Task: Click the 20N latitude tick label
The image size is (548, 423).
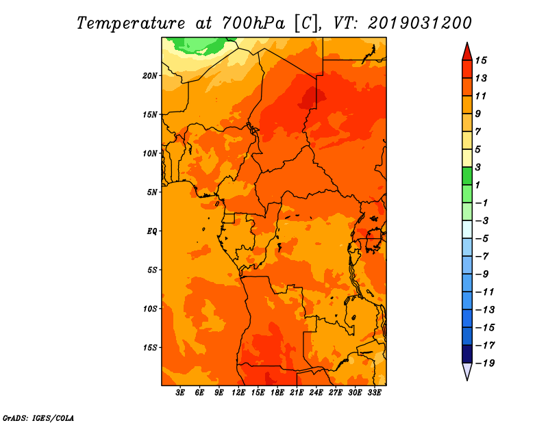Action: pyautogui.click(x=149, y=76)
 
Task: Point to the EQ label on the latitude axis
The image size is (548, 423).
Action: pyautogui.click(x=152, y=231)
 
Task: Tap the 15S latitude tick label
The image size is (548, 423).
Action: pyautogui.click(x=149, y=348)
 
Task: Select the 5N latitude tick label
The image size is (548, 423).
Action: pyautogui.click(x=151, y=192)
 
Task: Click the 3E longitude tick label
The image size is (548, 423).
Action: pyautogui.click(x=180, y=393)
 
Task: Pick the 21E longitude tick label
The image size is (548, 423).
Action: pyautogui.click(x=297, y=393)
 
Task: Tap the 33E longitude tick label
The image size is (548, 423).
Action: pyautogui.click(x=374, y=393)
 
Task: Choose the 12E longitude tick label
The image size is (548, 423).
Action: pyautogui.click(x=238, y=393)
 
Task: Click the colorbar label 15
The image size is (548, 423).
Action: pyautogui.click(x=481, y=61)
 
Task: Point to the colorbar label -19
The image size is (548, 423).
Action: pyautogui.click(x=485, y=363)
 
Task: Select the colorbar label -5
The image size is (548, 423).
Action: pyautogui.click(x=482, y=239)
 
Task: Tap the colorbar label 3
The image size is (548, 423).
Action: pyautogui.click(x=477, y=168)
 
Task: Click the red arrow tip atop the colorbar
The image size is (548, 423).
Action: pyautogui.click(x=467, y=43)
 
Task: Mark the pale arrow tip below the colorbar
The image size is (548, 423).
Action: pyautogui.click(x=467, y=380)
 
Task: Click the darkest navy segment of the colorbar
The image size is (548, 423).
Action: pyautogui.click(x=467, y=354)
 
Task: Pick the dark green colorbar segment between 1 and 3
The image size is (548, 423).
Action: pyautogui.click(x=467, y=176)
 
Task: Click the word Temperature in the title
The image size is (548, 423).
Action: pyautogui.click(x=131, y=24)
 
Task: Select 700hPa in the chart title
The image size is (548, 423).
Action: pyautogui.click(x=253, y=23)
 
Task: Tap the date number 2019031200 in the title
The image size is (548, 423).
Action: pyautogui.click(x=420, y=23)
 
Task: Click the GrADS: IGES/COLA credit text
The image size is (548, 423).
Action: pyautogui.click(x=38, y=418)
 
